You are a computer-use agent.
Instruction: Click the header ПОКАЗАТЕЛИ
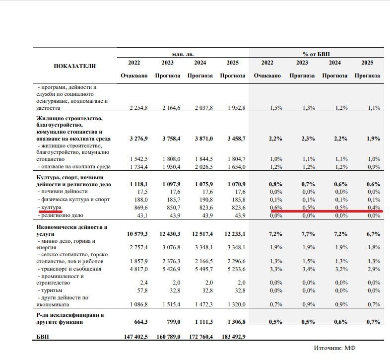click(74, 66)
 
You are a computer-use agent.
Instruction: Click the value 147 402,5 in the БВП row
click(135, 336)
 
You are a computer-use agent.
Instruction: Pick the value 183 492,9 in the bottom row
click(233, 336)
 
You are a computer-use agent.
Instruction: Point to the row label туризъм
click(55, 290)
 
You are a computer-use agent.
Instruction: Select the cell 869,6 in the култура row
click(138, 207)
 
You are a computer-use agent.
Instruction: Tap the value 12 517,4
click(200, 234)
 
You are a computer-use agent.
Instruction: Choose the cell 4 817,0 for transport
click(136, 269)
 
